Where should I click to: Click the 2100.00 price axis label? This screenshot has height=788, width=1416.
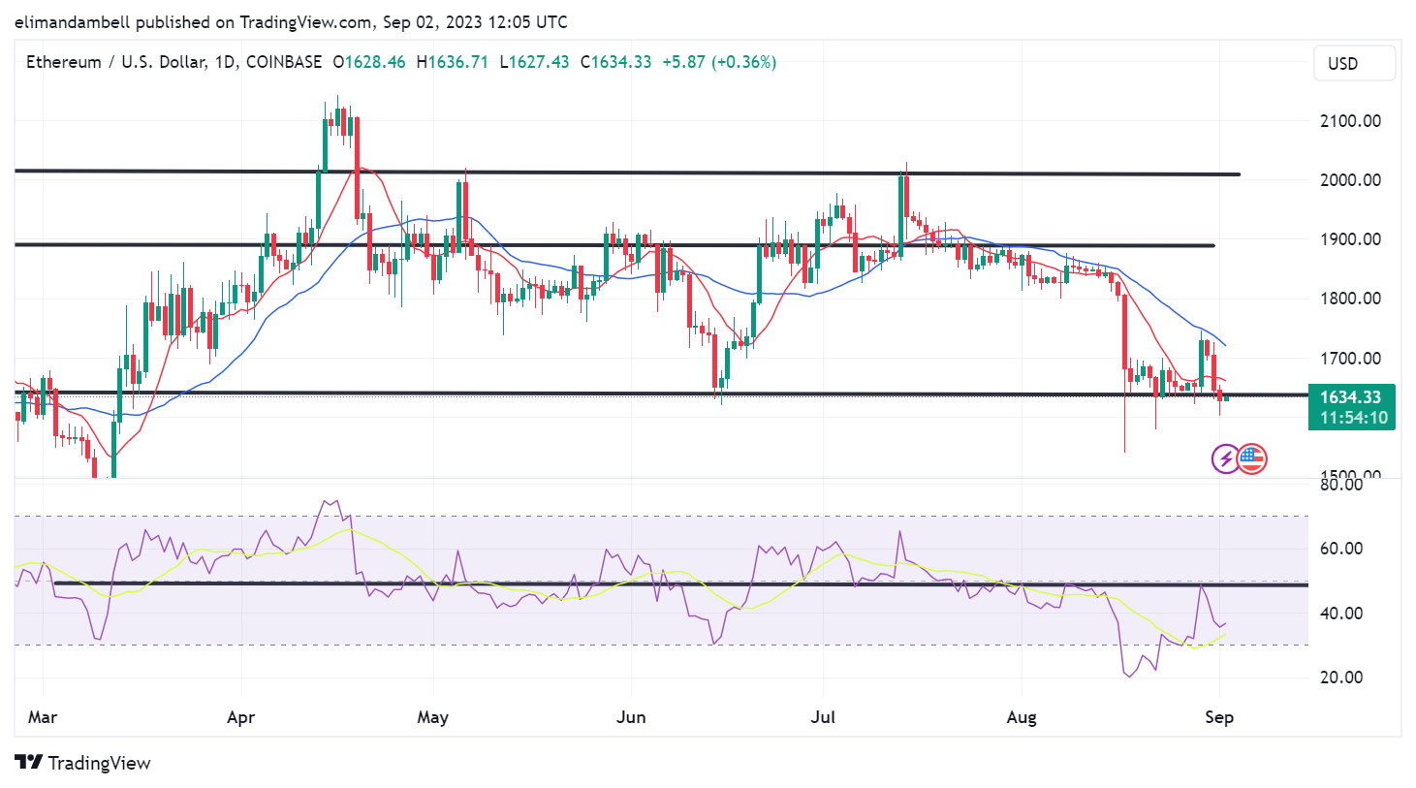1350,121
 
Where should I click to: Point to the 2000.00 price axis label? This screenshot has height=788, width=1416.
1350,180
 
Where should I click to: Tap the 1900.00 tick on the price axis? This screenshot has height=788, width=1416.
1350,239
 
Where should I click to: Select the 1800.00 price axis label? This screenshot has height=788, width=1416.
1350,299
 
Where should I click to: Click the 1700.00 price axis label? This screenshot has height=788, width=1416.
1350,359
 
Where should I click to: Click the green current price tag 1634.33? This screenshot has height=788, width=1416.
1350,397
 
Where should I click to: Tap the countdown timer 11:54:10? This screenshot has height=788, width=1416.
1353,418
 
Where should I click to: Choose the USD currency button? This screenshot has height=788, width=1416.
1354,64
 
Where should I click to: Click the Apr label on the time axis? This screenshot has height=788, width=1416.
240,717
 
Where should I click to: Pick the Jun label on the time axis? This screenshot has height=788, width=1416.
631,717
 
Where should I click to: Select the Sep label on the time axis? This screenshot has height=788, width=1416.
1218,717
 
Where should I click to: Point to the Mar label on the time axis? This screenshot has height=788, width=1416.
43,717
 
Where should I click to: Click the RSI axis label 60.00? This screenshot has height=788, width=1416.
1341,549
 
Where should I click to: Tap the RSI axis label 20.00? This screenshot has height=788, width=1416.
1341,678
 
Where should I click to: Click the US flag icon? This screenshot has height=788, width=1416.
1251,458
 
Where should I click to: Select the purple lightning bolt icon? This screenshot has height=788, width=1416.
1226,458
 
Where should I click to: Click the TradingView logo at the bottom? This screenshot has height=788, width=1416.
83,763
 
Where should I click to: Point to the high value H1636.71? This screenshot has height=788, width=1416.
453,62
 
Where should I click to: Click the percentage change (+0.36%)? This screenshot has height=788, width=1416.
743,62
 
